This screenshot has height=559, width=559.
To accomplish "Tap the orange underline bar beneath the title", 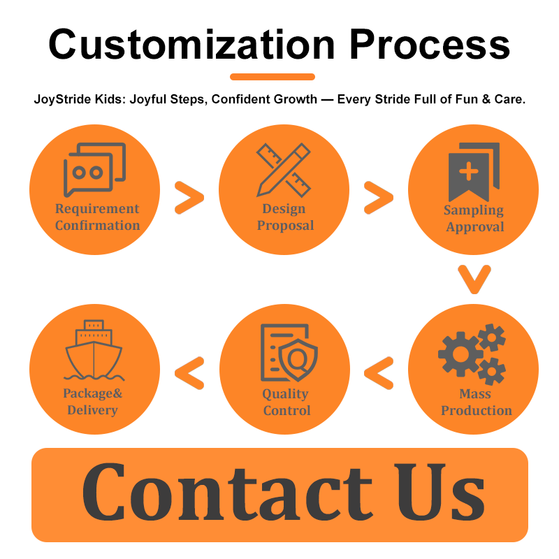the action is pyautogui.click(x=273, y=77).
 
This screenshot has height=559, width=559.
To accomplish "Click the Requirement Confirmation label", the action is pyautogui.click(x=97, y=217).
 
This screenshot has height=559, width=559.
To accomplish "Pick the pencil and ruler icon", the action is pyautogui.click(x=283, y=170).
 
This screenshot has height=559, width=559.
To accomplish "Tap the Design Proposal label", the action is pyautogui.click(x=284, y=217).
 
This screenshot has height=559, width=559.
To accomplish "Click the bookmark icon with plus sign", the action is pyautogui.click(x=473, y=171).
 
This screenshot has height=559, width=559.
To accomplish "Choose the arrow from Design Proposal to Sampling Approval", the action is pyautogui.click(x=378, y=198).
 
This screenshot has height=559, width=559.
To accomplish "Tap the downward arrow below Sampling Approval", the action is pyautogui.click(x=474, y=279).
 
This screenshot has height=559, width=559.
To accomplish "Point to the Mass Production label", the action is pyautogui.click(x=476, y=402).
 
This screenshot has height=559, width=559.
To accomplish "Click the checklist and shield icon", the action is pyautogui.click(x=287, y=352).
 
